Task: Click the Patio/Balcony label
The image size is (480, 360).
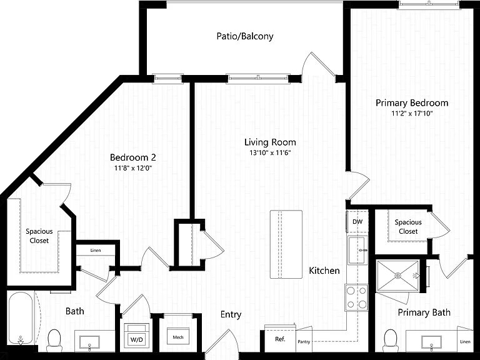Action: (245, 36)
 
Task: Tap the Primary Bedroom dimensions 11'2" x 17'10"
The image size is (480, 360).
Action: (412, 114)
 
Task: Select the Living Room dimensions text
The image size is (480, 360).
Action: (270, 152)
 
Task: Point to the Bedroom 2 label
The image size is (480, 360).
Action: (133, 157)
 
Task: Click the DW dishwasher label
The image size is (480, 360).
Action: (357, 222)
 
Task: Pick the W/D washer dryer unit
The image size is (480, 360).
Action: (136, 336)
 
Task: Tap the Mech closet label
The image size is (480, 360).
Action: (178, 337)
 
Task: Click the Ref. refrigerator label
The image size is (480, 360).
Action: (280, 339)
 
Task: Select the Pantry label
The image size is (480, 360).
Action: (304, 342)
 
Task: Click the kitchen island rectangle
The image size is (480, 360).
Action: (286, 244)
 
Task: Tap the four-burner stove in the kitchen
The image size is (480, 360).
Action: (357, 297)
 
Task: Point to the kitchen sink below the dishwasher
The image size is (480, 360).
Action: (357, 250)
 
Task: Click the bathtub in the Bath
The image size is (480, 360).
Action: (20, 318)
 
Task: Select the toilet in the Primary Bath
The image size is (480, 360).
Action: (390, 340)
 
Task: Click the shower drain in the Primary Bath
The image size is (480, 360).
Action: (397, 276)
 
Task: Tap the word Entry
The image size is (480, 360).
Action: (231, 315)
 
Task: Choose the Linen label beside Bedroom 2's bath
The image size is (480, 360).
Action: (96, 251)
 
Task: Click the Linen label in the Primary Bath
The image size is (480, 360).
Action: (465, 342)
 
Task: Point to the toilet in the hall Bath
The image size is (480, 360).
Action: (54, 340)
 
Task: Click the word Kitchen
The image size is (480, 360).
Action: (324, 271)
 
